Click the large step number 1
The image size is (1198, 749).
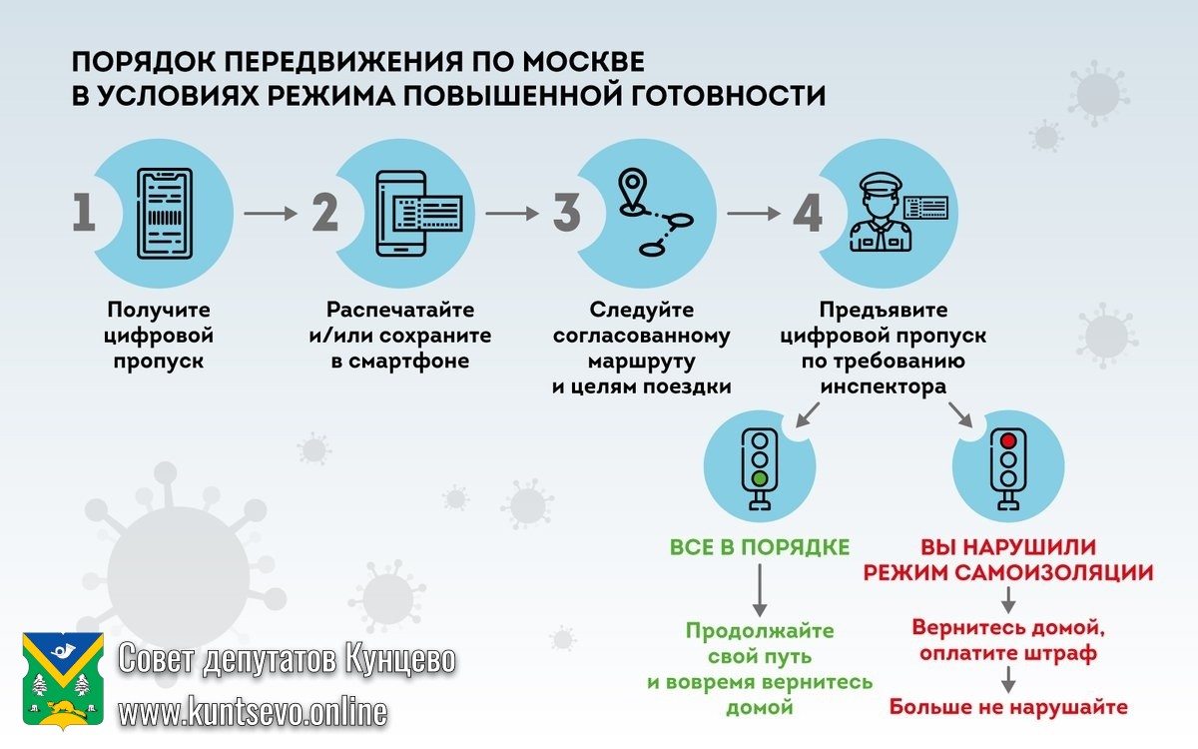coord(84,214)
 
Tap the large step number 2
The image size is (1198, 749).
coord(325,214)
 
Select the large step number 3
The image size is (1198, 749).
coord(566,214)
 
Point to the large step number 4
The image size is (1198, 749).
coord(808,214)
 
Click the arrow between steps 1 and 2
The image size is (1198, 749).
coord(271,214)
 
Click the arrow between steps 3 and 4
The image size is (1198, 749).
coord(753,214)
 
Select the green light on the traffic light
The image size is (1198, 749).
coord(760,478)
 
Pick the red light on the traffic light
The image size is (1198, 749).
coord(1008,440)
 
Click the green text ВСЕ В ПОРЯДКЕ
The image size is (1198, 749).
coord(760,547)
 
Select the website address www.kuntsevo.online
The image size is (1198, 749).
coord(253,711)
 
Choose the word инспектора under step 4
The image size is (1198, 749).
coord(883,386)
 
